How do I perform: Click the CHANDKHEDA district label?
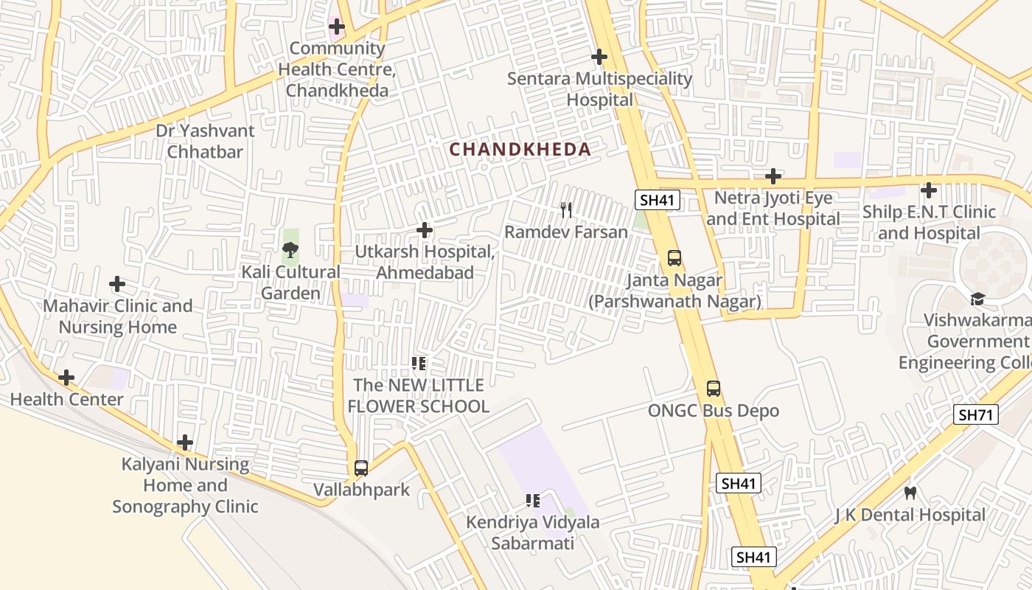[x=520, y=150]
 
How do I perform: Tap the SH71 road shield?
[x=975, y=415]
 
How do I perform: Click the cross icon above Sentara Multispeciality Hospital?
[x=599, y=57]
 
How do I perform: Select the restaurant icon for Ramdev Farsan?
[x=566, y=210]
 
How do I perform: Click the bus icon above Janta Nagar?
[x=674, y=258]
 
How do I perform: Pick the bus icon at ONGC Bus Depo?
[x=714, y=389]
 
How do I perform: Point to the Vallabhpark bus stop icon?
[x=361, y=468]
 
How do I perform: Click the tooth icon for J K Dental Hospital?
[x=910, y=493]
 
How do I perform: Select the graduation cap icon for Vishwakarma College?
[x=977, y=299]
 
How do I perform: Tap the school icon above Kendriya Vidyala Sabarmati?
[x=533, y=501]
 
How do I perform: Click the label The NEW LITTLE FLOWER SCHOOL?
[x=418, y=396]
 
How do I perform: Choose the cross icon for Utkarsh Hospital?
[x=425, y=230]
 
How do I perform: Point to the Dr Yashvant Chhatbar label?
[x=205, y=142]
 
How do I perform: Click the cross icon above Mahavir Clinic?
[x=117, y=284]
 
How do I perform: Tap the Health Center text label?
[x=66, y=400]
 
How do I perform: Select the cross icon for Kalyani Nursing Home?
[x=185, y=442]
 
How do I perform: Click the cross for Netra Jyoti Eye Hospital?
[x=773, y=176]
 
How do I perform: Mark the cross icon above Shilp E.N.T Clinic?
[x=929, y=190]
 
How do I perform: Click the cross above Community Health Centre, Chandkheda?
[x=337, y=27]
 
